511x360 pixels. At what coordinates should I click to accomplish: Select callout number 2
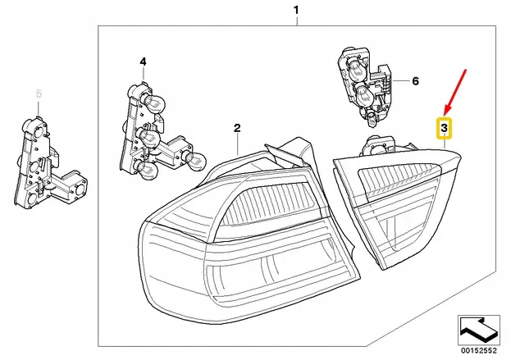236,128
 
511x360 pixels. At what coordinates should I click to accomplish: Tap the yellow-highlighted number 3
443,128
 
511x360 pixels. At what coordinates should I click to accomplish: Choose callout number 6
415,81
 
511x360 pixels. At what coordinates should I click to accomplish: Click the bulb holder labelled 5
41,164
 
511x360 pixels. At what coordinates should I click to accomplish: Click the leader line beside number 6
399,81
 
